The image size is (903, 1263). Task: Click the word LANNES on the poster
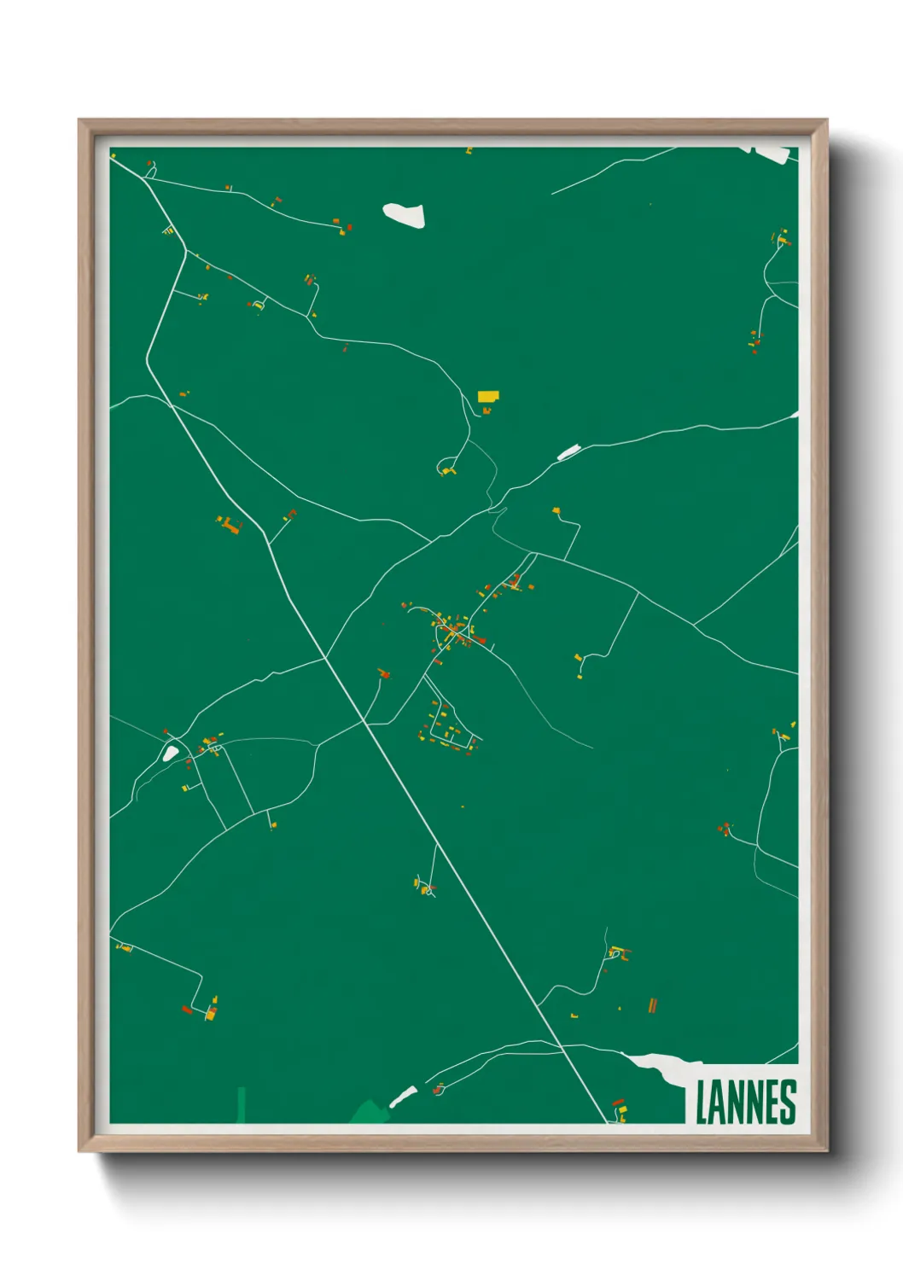pyautogui.click(x=745, y=1102)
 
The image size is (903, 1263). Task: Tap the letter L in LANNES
pyautogui.click(x=702, y=1102)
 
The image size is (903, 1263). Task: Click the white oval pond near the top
pyautogui.click(x=404, y=214)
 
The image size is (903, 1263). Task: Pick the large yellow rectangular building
pyautogui.click(x=487, y=396)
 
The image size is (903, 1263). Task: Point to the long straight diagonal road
pyautogui.click(x=444, y=853)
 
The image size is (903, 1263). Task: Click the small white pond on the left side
pyautogui.click(x=171, y=754)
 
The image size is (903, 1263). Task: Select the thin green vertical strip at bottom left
pyautogui.click(x=241, y=1104)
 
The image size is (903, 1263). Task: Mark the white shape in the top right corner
pyautogui.click(x=772, y=154)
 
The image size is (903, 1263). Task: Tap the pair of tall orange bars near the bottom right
pyautogui.click(x=653, y=1005)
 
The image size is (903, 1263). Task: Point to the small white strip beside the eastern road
pyautogui.click(x=568, y=451)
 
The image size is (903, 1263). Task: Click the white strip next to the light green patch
pyautogui.click(x=403, y=1096)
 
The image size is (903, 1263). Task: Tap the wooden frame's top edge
pyautogui.click(x=452, y=126)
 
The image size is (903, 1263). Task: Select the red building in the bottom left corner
pyautogui.click(x=187, y=1010)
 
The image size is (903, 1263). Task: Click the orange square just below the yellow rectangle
pyautogui.click(x=486, y=410)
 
